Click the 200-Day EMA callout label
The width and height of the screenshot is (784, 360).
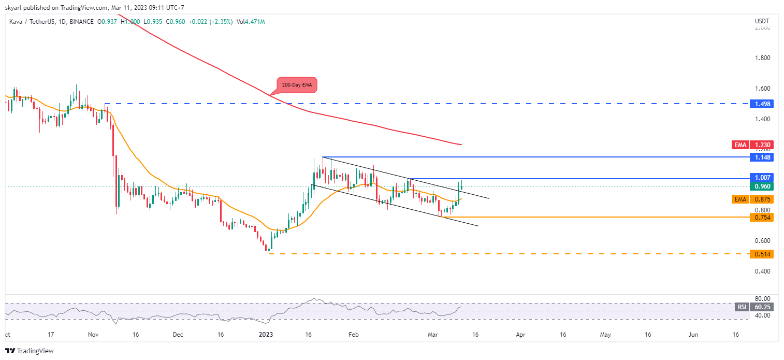(297, 84)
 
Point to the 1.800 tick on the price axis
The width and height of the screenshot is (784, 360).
(762, 58)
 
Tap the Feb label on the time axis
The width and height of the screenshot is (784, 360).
(353, 335)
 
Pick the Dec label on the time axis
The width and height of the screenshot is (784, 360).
(178, 335)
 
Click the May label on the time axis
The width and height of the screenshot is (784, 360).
(605, 335)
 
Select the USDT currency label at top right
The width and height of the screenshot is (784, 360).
(762, 21)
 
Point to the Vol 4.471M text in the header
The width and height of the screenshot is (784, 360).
(250, 22)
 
